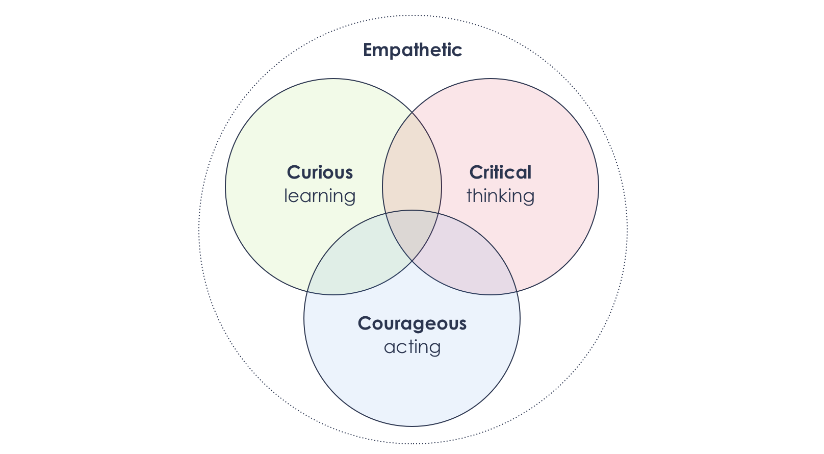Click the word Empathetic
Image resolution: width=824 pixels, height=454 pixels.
412,50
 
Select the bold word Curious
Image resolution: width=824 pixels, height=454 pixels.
320,172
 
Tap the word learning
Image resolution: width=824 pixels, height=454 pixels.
320,196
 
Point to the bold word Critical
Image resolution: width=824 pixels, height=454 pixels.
500,172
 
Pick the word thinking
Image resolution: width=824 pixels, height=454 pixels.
500,196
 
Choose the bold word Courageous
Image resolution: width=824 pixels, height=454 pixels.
412,323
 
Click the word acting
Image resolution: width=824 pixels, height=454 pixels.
412,347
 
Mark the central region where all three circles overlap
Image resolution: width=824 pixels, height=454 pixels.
412,232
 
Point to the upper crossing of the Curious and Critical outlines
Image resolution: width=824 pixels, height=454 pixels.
412,113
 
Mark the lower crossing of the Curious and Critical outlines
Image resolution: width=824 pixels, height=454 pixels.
412,261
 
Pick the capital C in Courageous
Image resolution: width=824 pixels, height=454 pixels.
364,323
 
